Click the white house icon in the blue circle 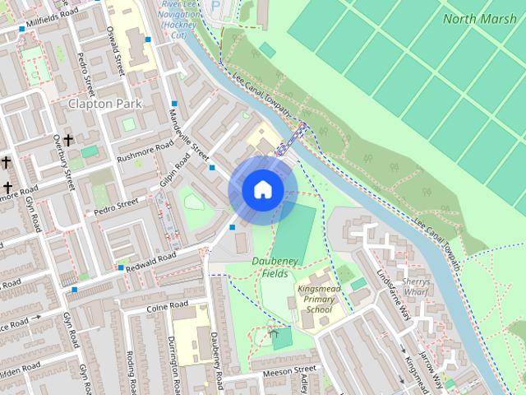tap(262, 190)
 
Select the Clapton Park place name tap(105, 105)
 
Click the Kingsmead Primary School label tap(315, 299)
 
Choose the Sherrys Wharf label tap(417, 285)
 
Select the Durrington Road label tap(173, 360)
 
